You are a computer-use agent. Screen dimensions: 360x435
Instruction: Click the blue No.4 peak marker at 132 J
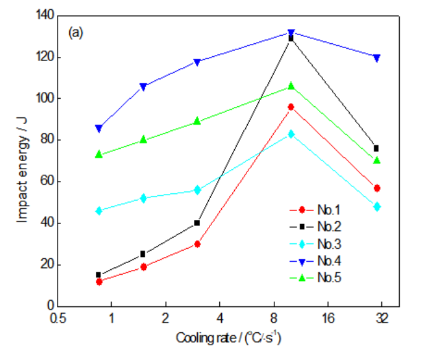[x=291, y=33]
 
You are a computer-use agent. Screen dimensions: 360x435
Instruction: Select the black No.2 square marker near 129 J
[x=291, y=38]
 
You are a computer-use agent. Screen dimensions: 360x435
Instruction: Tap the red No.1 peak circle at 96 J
[x=291, y=107]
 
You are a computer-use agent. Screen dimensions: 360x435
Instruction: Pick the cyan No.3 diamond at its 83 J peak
[x=291, y=134]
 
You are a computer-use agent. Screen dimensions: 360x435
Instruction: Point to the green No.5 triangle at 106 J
[x=291, y=86]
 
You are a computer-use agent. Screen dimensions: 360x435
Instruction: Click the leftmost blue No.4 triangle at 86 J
[x=98, y=128]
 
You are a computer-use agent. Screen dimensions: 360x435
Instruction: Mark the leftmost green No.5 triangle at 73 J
[x=98, y=154]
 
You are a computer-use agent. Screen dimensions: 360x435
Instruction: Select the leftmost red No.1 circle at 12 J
[x=98, y=282]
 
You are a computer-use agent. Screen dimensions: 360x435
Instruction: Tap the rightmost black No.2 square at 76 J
[x=376, y=148]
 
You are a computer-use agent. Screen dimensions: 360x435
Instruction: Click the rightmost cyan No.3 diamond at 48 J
[x=376, y=207]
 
